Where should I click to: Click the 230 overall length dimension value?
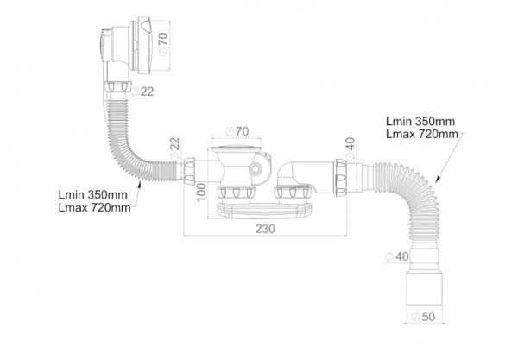[265, 229]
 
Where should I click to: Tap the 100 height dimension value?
[201, 192]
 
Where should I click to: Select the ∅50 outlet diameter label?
[423, 317]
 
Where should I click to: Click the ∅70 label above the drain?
[237, 131]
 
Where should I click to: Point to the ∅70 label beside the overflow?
[163, 43]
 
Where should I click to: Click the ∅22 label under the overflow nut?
[142, 92]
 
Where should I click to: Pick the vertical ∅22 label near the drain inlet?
[175, 148]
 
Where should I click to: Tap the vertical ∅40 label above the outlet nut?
[351, 148]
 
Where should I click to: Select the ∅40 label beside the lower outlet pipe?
[397, 256]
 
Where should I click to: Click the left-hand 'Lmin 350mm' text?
[93, 194]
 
